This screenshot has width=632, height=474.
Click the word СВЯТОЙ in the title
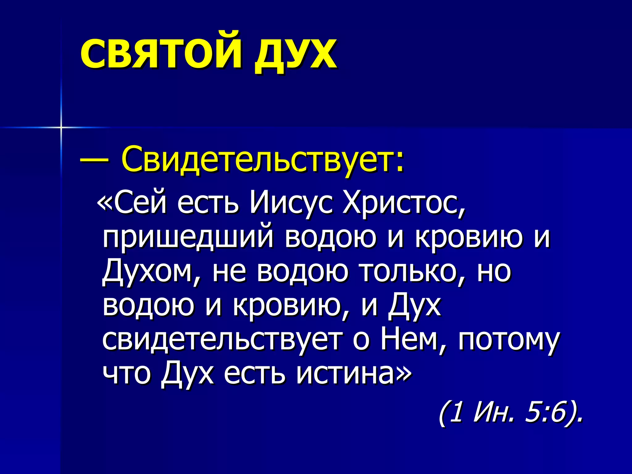pos(160,53)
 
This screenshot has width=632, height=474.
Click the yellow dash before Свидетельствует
pos(94,160)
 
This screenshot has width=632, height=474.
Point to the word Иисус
pos(291,203)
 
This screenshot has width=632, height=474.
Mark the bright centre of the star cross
pos(61,127)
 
